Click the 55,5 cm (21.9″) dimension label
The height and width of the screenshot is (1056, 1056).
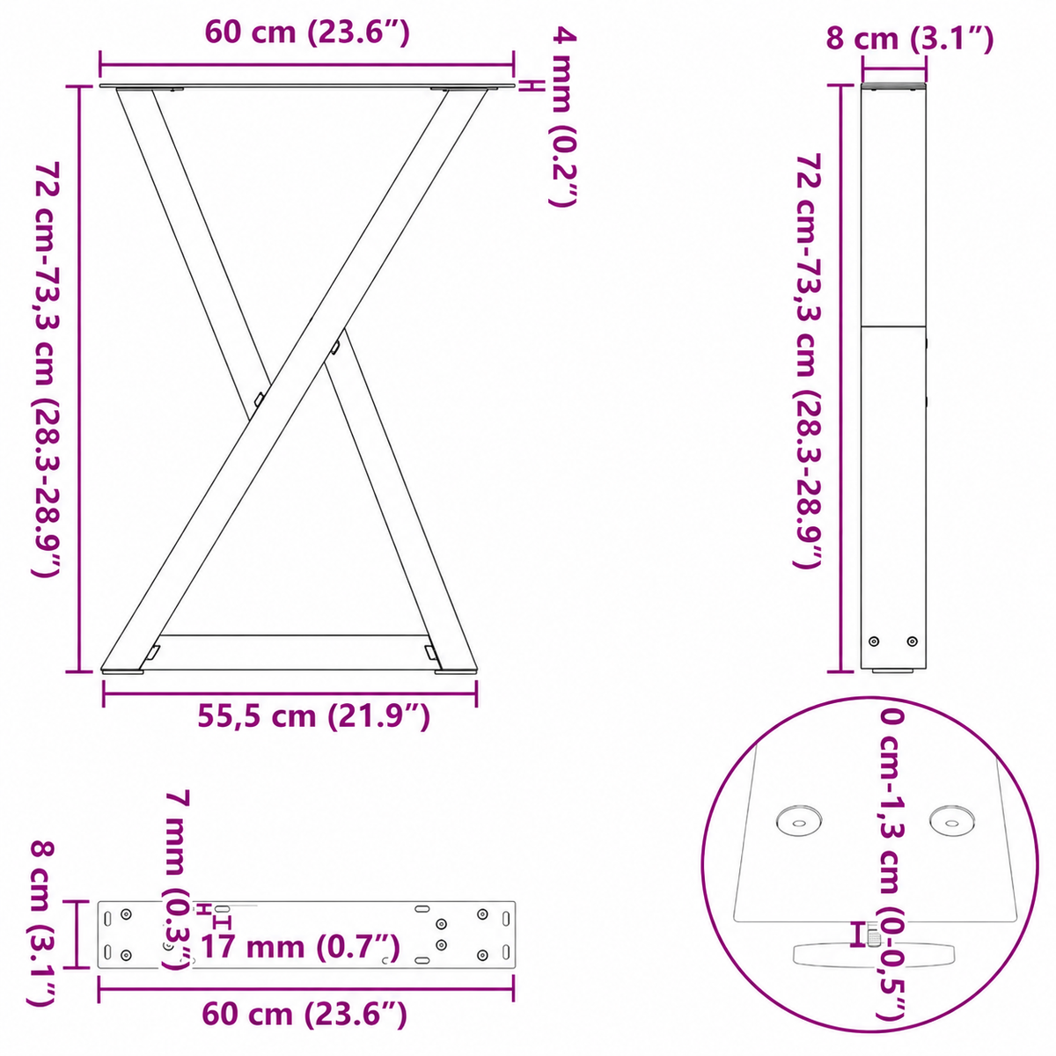(x=313, y=717)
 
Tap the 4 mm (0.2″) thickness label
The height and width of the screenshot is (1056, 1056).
(x=563, y=118)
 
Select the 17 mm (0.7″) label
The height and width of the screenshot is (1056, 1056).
(x=300, y=946)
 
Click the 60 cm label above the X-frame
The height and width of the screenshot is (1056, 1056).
(x=307, y=33)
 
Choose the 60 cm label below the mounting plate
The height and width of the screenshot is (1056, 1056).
(x=304, y=1015)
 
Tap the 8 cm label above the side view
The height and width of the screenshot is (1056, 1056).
(x=910, y=40)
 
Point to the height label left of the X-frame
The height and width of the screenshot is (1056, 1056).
(x=47, y=370)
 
